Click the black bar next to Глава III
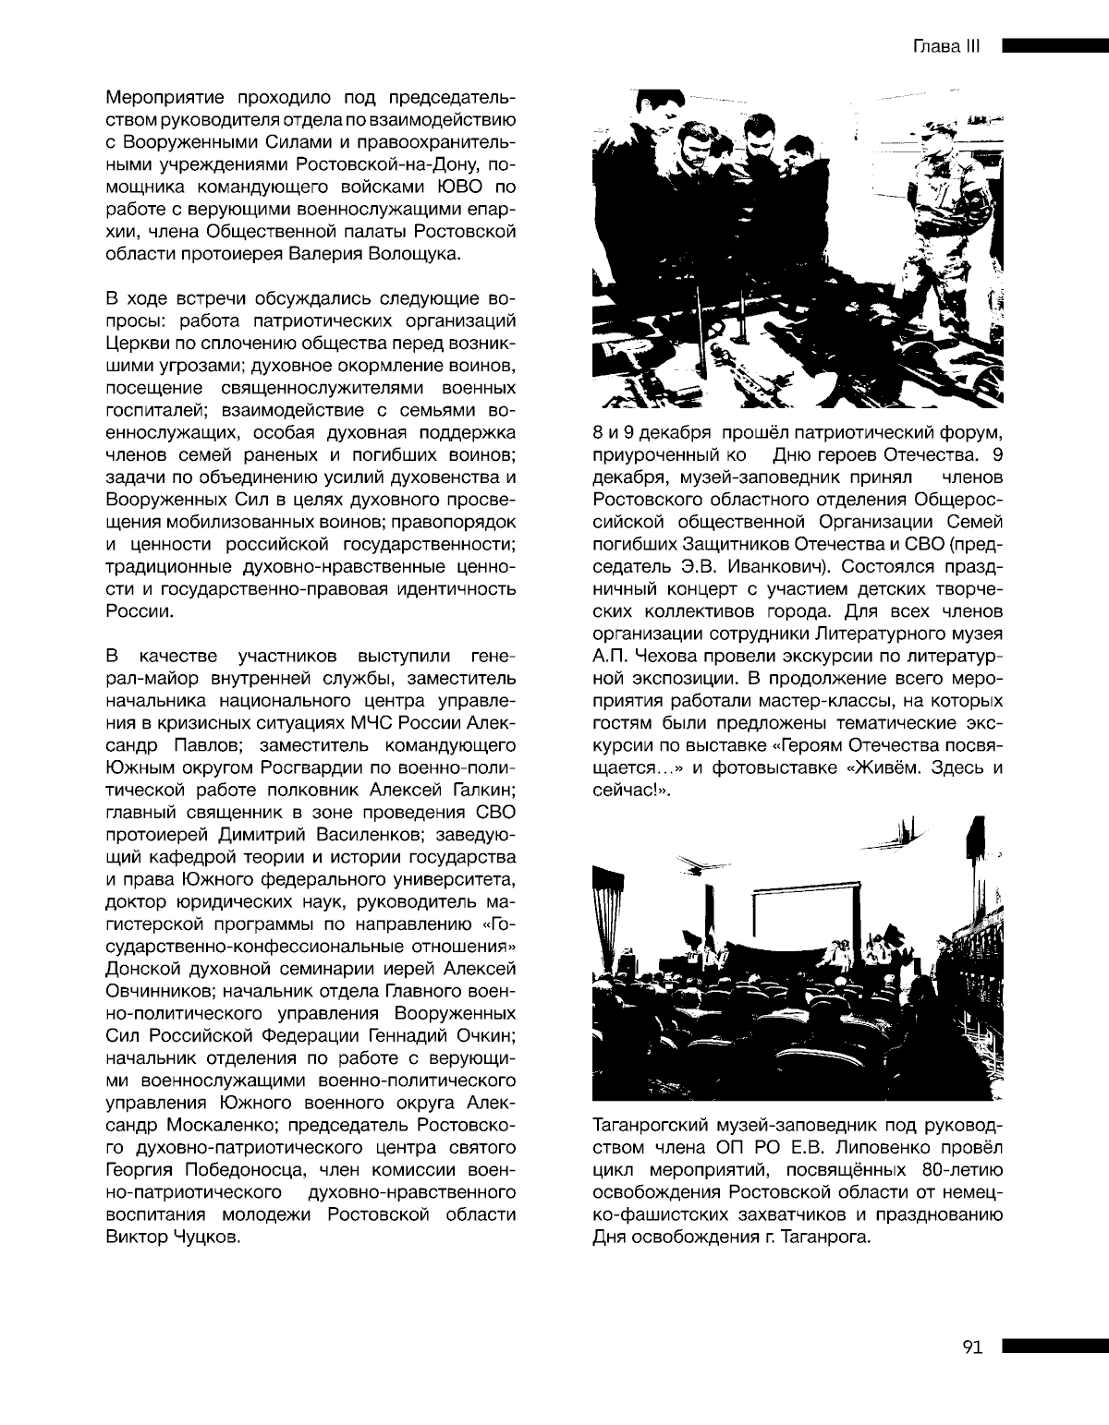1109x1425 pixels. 1054,46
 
